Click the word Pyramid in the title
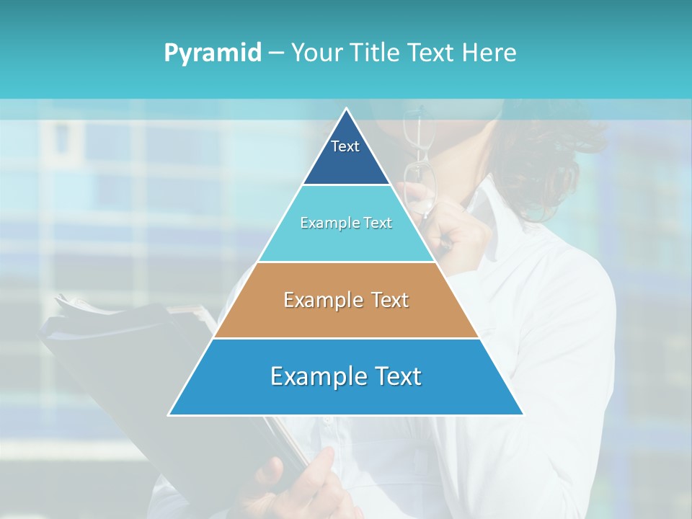[x=213, y=53]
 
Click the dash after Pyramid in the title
[x=276, y=53]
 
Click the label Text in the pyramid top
[x=345, y=146]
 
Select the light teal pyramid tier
[x=346, y=241]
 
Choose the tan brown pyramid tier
[x=346, y=317]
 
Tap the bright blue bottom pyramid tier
[x=346, y=396]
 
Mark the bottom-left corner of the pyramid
[x=170, y=414]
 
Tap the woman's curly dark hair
[x=569, y=159]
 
